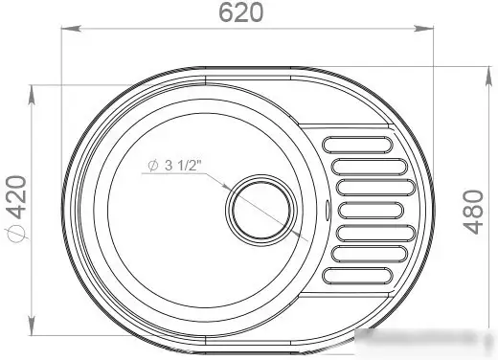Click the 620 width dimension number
tap(241, 12)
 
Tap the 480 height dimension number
tap(473, 212)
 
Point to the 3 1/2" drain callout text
tap(183, 166)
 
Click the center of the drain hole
tap(261, 211)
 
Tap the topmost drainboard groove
tap(357, 145)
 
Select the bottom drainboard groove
tap(357, 276)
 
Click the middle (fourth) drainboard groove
tap(371, 211)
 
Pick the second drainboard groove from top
tap(370, 167)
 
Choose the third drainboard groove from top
tap(375, 188)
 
